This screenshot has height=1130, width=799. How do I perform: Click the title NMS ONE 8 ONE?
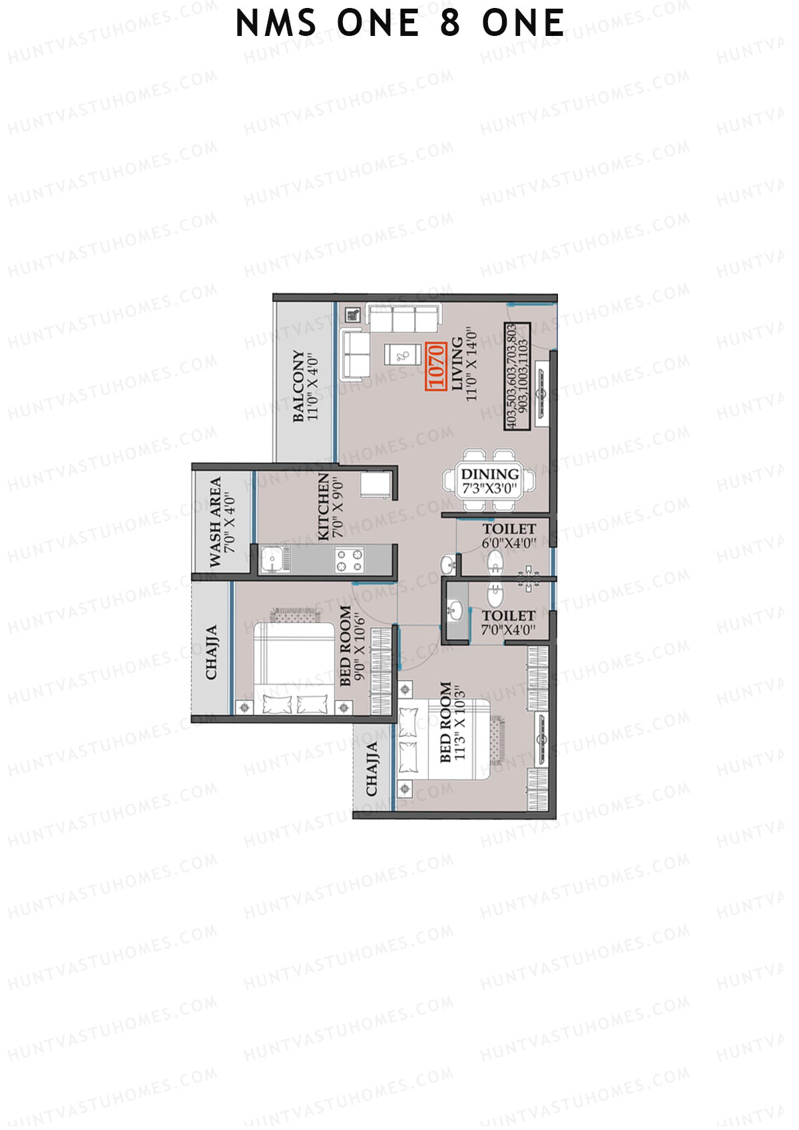click(x=400, y=24)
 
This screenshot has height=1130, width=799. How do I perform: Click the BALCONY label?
click(x=298, y=387)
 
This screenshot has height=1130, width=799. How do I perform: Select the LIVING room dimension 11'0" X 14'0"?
click(x=472, y=364)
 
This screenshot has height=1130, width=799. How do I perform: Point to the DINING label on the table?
click(x=489, y=474)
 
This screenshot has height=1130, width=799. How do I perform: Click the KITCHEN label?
click(x=324, y=506)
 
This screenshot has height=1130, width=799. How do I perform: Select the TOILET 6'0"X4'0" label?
click(x=509, y=535)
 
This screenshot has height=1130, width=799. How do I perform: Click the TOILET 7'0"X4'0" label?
click(x=509, y=623)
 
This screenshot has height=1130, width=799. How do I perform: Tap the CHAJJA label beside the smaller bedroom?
click(x=211, y=652)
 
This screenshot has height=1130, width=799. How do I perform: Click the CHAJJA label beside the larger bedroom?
click(x=372, y=768)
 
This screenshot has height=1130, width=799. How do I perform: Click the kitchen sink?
click(x=271, y=560)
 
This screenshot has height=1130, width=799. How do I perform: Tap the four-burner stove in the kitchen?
click(x=350, y=560)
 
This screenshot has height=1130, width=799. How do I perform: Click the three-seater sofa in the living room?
click(x=403, y=318)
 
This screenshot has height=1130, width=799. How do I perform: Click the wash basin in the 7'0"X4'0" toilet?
click(x=455, y=609)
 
